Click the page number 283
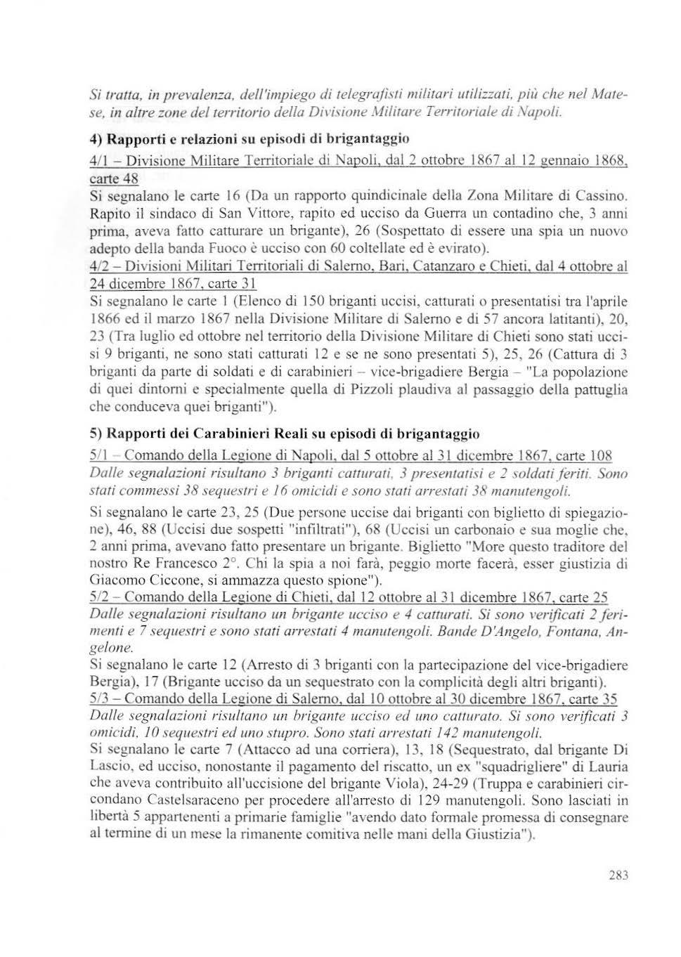coord(618,875)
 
